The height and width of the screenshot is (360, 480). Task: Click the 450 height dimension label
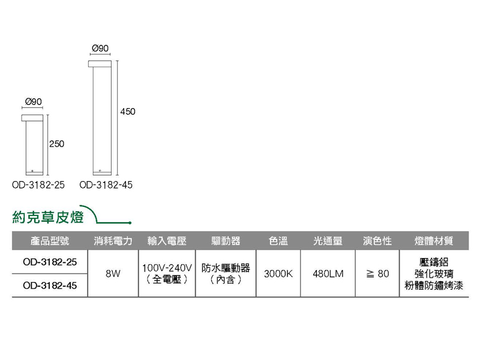128,111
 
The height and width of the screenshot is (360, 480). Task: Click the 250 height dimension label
56,144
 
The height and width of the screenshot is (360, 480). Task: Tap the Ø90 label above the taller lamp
100,47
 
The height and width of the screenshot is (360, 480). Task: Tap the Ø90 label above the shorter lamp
34,102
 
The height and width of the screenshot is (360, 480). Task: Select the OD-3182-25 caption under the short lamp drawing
38,185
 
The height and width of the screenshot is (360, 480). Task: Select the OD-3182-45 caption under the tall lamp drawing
106,185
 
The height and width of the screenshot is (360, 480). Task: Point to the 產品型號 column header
50,241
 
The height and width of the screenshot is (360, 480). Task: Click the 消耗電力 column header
113,241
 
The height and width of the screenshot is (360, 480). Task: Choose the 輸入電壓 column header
167,241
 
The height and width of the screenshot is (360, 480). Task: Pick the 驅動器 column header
226,241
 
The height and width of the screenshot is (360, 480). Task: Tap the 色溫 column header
278,241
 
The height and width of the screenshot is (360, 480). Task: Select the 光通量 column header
328,241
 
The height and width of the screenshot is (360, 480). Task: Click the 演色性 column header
378,241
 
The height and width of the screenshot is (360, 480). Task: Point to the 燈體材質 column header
434,241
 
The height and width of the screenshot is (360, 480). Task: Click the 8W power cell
113,274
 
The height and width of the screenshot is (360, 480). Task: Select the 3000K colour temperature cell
278,274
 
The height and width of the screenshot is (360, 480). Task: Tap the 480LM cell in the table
328,274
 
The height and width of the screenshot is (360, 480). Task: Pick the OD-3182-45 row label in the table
50,286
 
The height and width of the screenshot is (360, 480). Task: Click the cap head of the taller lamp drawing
100,64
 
